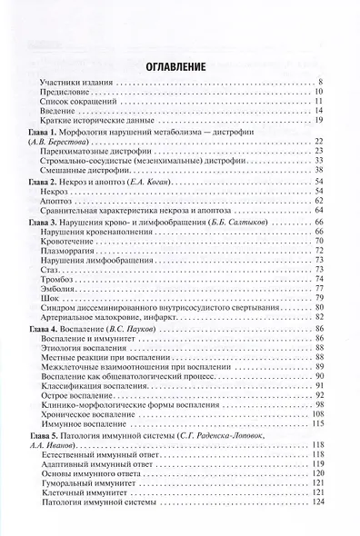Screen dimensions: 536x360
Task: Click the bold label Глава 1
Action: pos(35,133)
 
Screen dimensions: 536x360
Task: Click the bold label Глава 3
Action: pos(35,222)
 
